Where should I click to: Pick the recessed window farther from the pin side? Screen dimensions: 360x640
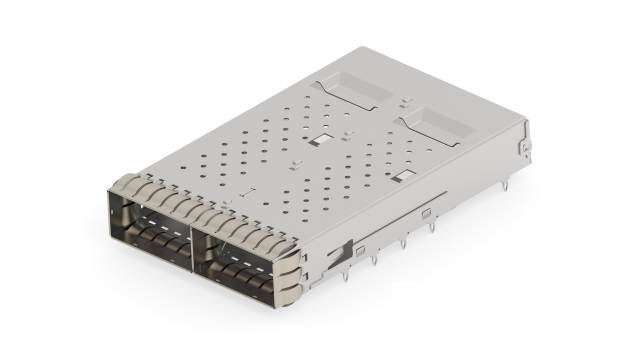coord(349,91)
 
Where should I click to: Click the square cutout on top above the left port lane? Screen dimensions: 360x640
coord(322,141)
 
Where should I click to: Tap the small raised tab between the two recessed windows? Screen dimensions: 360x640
coord(404,102)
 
